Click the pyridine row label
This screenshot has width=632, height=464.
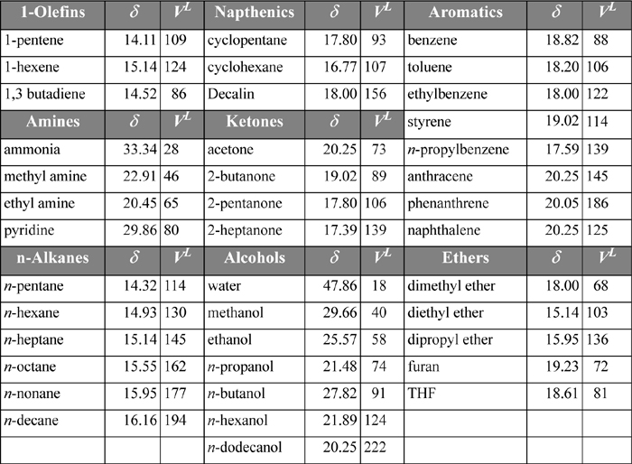point(28,230)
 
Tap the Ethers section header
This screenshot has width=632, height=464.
point(466,258)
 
